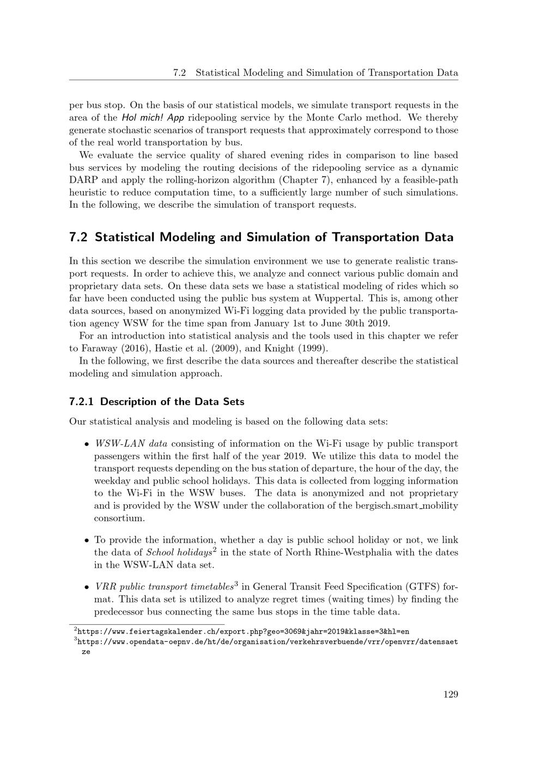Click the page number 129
(450, 694)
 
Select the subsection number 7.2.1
(82, 402)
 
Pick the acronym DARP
(83, 180)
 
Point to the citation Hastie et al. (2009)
(202, 348)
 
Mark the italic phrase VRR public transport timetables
(163, 587)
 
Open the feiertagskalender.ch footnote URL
(243, 631)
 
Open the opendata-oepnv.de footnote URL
(267, 642)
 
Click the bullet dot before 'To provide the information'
(87, 541)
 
